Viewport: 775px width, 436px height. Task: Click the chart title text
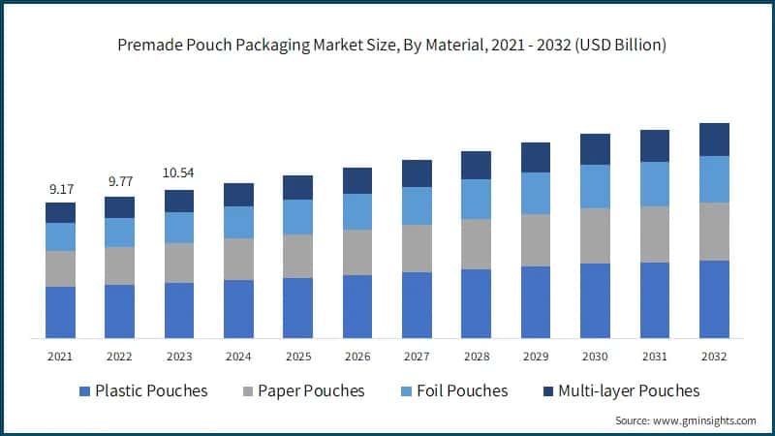pyautogui.click(x=387, y=46)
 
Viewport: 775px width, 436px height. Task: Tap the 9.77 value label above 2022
pyautogui.click(x=119, y=181)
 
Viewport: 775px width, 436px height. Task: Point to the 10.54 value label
pyautogui.click(x=179, y=173)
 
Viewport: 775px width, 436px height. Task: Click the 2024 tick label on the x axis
pyautogui.click(x=238, y=357)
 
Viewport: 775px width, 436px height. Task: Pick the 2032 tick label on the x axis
pyautogui.click(x=714, y=357)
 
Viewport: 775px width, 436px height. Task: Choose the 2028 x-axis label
pyautogui.click(x=476, y=357)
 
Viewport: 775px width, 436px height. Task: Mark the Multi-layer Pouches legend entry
pyautogui.click(x=619, y=390)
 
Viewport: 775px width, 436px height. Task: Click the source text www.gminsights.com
pyautogui.click(x=686, y=420)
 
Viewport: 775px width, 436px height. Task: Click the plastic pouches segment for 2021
pyautogui.click(x=60, y=312)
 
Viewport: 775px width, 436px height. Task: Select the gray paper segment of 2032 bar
pyautogui.click(x=714, y=231)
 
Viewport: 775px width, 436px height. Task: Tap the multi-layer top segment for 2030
pyautogui.click(x=595, y=149)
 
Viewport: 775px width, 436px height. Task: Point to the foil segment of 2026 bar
pyautogui.click(x=357, y=211)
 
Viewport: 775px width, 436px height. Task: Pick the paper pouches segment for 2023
pyautogui.click(x=179, y=263)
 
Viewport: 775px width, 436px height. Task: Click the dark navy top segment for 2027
pyautogui.click(x=417, y=173)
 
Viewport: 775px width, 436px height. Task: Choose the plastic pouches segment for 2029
pyautogui.click(x=536, y=301)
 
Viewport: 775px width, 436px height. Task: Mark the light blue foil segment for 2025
pyautogui.click(x=297, y=217)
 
